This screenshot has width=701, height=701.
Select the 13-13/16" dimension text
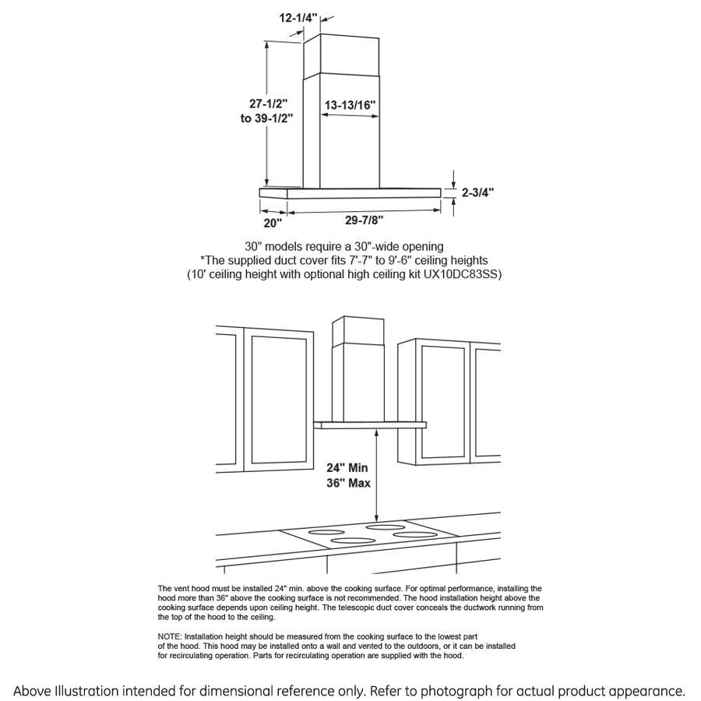coord(350,104)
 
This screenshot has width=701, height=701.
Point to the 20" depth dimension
coord(272,224)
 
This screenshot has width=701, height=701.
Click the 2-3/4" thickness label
coord(477,192)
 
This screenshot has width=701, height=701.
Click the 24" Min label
coord(347,468)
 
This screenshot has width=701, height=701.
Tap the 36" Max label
coord(347,483)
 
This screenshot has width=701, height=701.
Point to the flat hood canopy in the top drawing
coord(350,192)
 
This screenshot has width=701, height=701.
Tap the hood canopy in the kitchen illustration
coord(370,424)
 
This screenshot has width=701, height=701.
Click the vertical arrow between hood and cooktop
coord(378,475)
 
